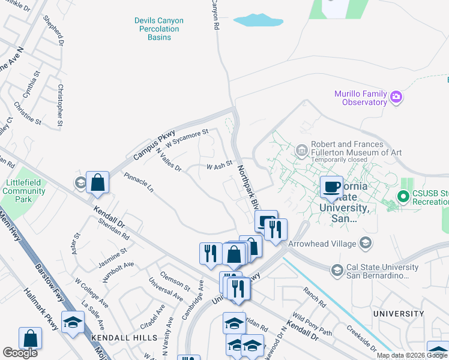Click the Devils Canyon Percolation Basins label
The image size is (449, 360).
pos(159,29)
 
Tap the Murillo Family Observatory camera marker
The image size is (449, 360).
pos(396,97)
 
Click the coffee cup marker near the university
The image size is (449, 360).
pos(331,186)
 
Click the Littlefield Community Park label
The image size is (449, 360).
pos(24,191)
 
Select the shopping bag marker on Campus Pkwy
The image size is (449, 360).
pos(97,182)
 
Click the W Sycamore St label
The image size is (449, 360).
pos(187,139)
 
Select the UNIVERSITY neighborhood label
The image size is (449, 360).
pos(398,314)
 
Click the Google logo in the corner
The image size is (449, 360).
pos(20,353)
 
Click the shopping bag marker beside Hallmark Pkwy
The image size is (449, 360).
pos(30,339)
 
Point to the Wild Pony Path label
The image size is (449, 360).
pos(312,325)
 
